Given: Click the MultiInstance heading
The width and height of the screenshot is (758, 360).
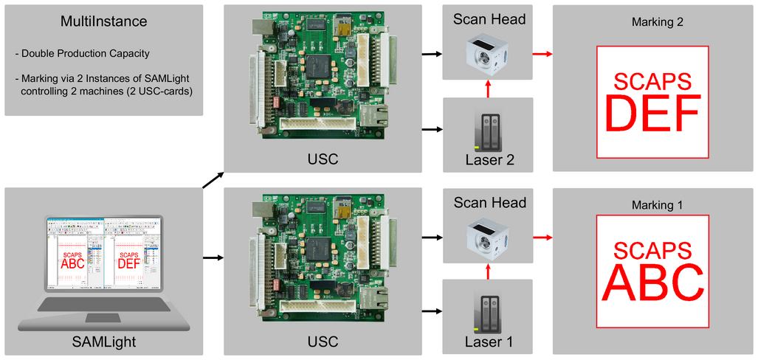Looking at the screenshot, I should [103, 21].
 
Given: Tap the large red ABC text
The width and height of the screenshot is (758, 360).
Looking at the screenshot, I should [652, 283].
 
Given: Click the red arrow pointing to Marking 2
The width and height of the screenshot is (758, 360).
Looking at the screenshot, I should [542, 54].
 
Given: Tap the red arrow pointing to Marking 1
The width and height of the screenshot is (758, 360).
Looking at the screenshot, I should [542, 237].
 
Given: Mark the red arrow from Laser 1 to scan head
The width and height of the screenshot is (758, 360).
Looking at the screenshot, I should [487, 271].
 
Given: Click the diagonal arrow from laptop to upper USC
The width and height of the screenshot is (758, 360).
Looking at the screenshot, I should [213, 179].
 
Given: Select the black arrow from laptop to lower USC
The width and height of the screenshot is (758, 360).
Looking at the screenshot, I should [213, 258].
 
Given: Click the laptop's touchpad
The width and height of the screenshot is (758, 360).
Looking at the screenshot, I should [103, 318].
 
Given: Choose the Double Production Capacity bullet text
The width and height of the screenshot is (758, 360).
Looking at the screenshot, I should [83, 54].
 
